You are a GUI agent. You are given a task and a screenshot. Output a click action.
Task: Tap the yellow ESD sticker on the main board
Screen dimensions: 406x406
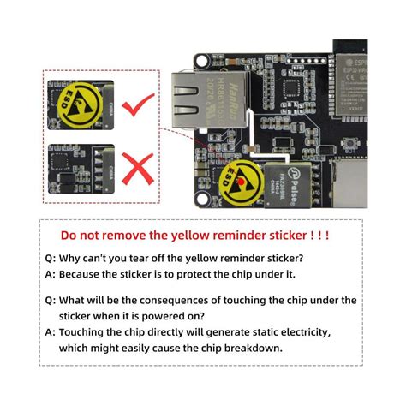pyautogui.click(x=239, y=181)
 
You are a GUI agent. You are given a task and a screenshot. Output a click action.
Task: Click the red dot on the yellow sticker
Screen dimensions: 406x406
pyautogui.click(x=242, y=182)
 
